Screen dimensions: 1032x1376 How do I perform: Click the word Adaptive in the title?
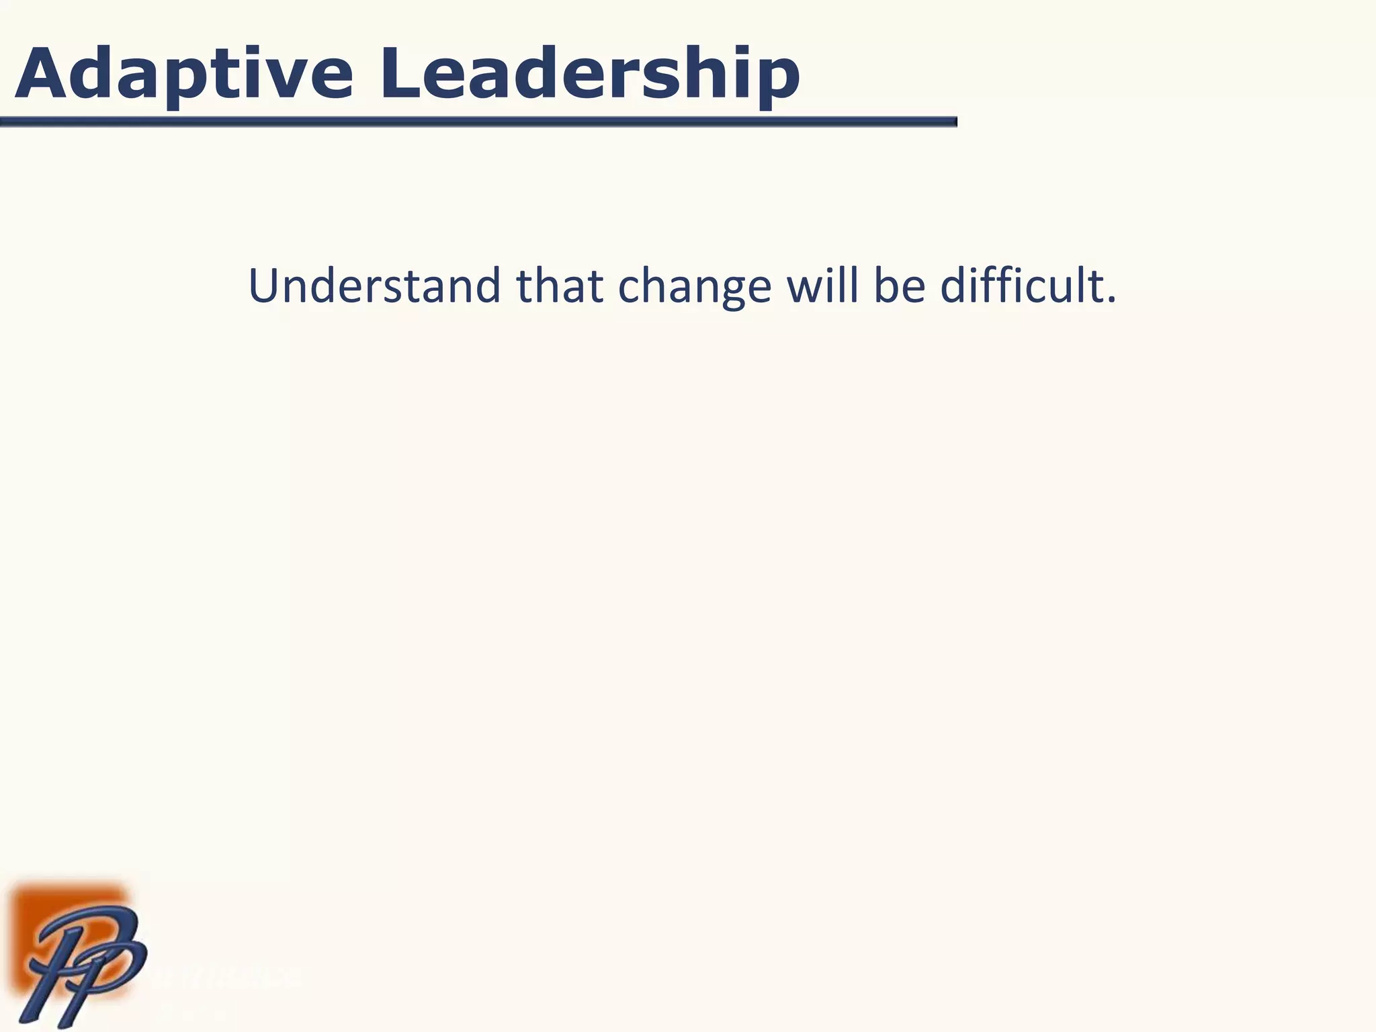[183, 74]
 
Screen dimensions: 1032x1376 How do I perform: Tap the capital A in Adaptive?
[42, 73]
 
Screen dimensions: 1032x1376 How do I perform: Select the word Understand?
[374, 286]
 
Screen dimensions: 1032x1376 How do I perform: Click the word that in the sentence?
[559, 286]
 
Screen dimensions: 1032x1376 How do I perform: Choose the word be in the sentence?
[899, 286]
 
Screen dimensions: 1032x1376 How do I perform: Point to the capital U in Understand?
[264, 286]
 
